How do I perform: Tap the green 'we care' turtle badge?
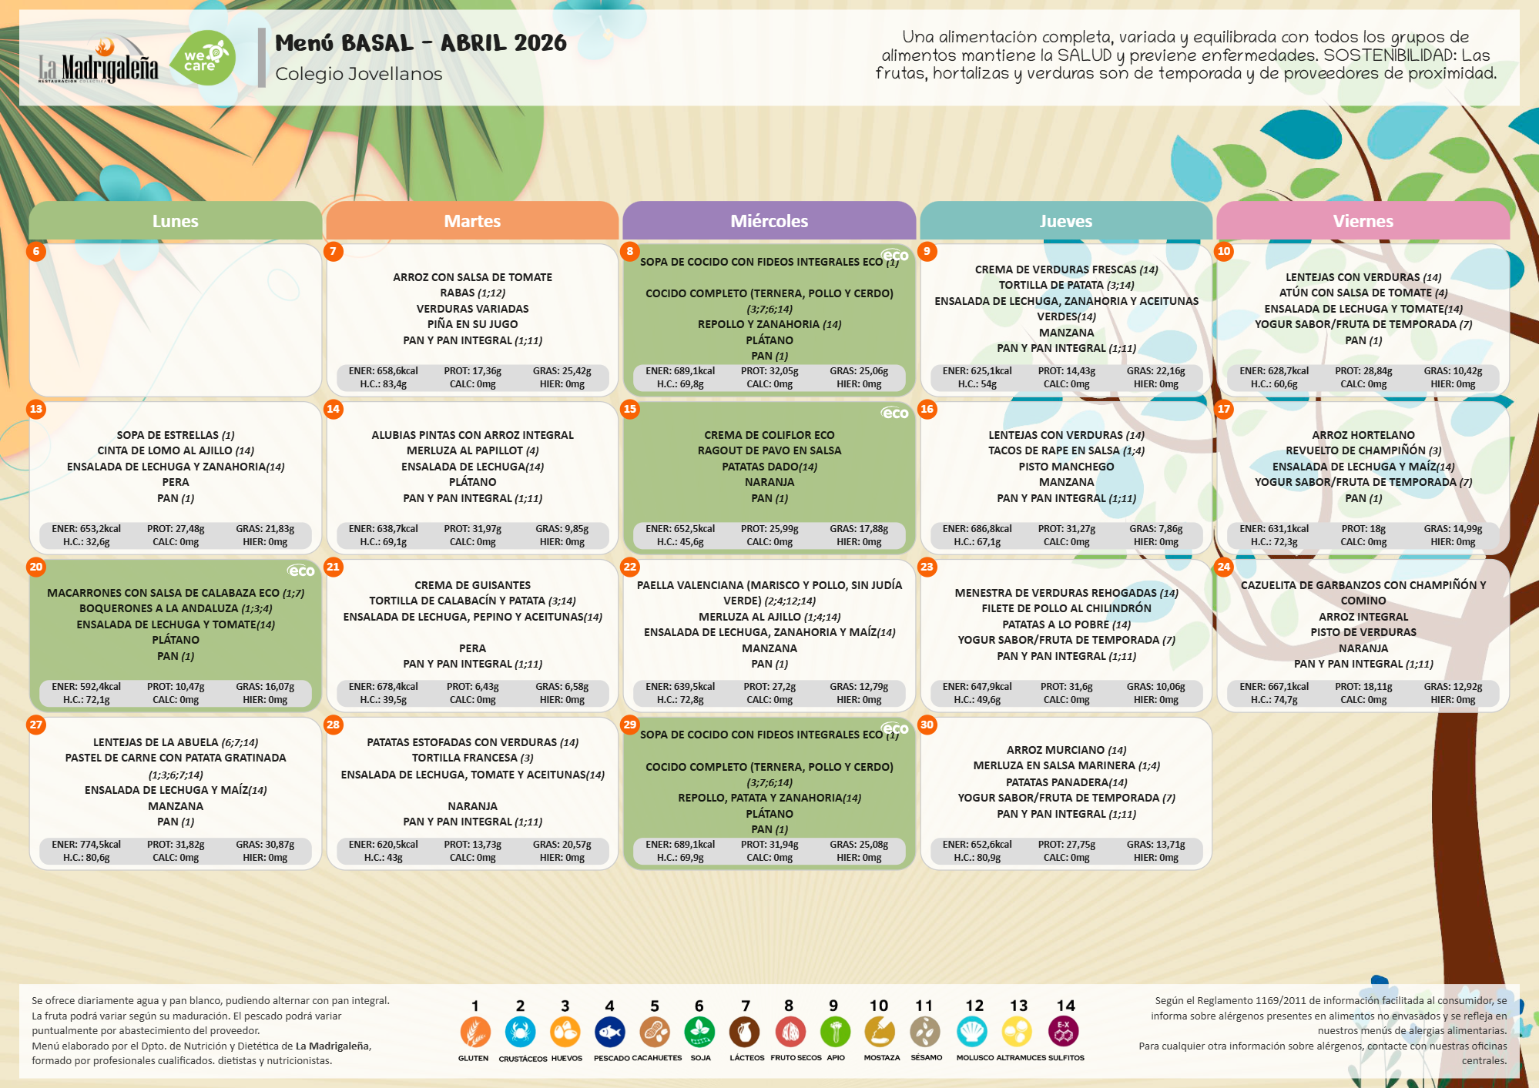pyautogui.click(x=203, y=59)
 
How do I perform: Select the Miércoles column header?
pyautogui.click(x=769, y=221)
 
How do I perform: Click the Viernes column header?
pyautogui.click(x=1363, y=221)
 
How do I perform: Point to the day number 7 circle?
pyautogui.click(x=333, y=251)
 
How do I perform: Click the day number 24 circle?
pyautogui.click(x=1223, y=567)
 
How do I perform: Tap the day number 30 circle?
pyautogui.click(x=927, y=725)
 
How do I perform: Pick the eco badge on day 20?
pyautogui.click(x=301, y=571)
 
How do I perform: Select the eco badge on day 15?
pyautogui.click(x=895, y=413)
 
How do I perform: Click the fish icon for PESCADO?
pyautogui.click(x=609, y=1032)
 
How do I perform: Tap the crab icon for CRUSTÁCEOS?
pyautogui.click(x=520, y=1032)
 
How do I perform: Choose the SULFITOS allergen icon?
pyautogui.click(x=1064, y=1032)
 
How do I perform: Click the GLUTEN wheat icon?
pyautogui.click(x=474, y=1032)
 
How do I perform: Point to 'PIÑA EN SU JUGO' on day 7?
pyautogui.click(x=472, y=324)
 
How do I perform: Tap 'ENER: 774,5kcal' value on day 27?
pyautogui.click(x=86, y=845)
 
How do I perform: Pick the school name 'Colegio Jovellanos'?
pyautogui.click(x=359, y=74)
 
